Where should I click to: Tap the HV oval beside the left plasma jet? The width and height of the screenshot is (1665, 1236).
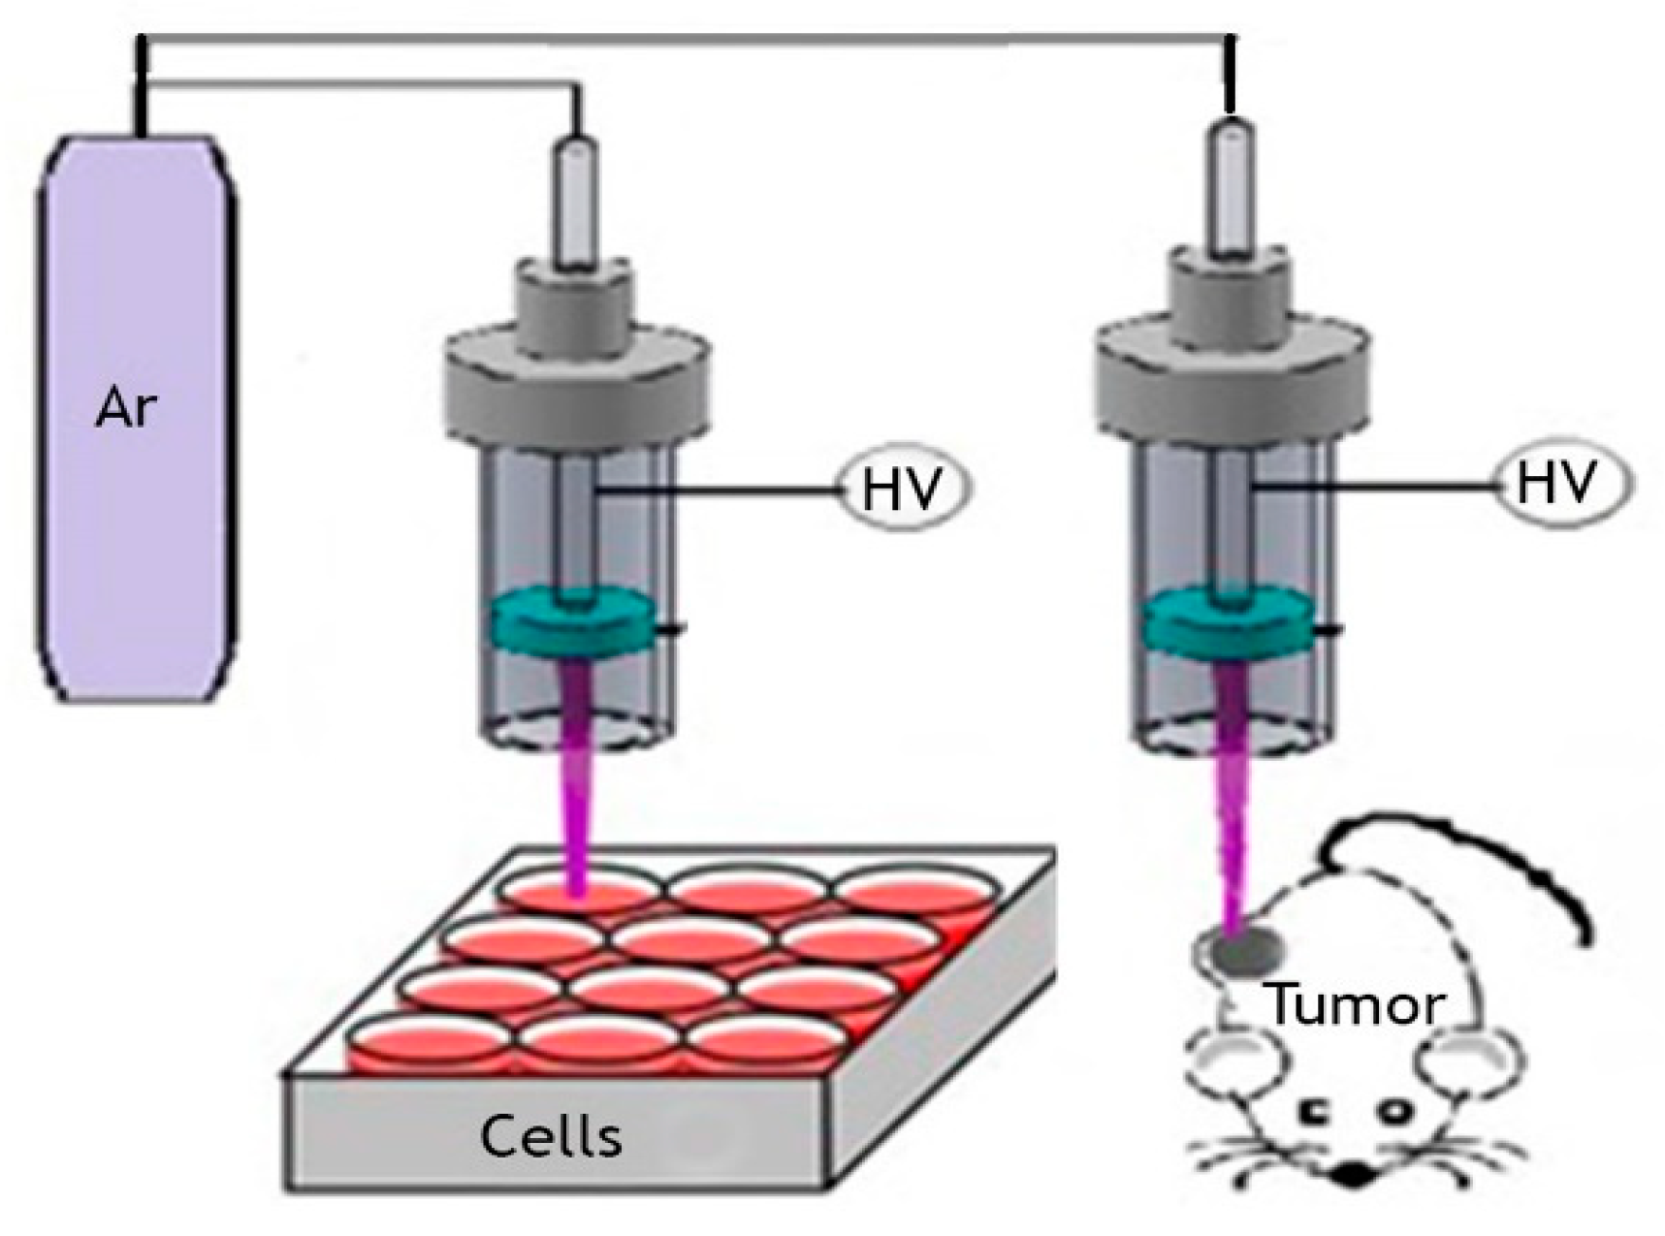pos(904,488)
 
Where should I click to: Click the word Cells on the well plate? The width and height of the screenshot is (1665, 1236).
pos(551,1135)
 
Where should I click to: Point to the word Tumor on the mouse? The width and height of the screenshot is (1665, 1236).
pos(1356,1005)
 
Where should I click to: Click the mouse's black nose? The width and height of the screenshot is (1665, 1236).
pos(1354,1176)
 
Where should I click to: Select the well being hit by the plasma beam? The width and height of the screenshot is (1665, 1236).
pos(580,890)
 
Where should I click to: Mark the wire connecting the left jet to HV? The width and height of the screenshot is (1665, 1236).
pos(718,491)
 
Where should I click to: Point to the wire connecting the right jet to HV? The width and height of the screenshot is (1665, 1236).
pos(1372,485)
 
